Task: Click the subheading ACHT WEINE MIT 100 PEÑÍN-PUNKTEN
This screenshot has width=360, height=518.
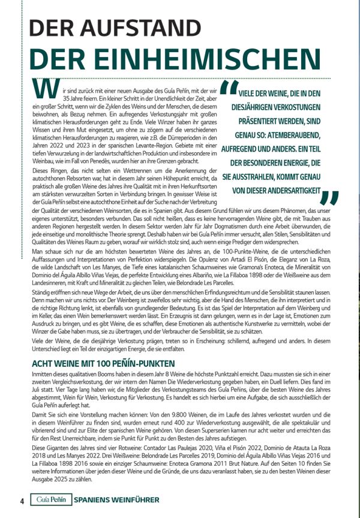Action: (103, 364)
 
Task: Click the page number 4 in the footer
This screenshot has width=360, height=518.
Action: (22, 501)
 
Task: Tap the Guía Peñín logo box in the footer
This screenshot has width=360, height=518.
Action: (51, 500)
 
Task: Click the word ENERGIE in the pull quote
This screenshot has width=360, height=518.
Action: (281, 163)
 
